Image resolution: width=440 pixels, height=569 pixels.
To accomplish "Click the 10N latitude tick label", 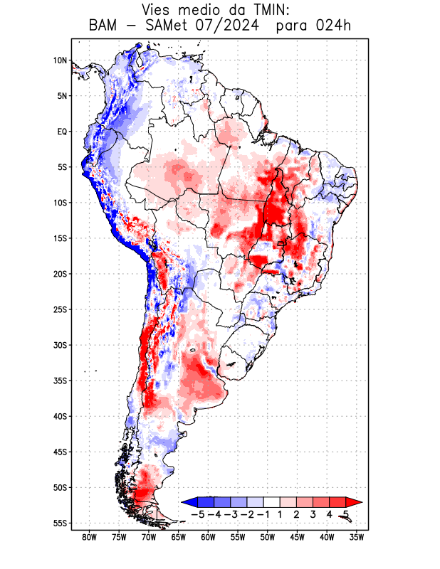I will tap(60, 60).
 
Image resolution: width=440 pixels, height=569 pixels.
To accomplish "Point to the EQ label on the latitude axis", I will tap(62, 132).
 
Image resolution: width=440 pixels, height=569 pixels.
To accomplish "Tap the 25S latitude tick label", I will tap(60, 309).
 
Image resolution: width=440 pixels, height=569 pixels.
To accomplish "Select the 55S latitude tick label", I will tap(60, 523).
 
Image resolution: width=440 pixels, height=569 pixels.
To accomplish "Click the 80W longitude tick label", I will tap(90, 537).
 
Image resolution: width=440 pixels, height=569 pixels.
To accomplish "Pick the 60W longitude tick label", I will tap(208, 537).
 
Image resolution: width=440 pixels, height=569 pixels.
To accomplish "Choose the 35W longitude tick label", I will tap(357, 537).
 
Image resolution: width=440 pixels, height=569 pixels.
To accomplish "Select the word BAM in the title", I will tap(104, 26).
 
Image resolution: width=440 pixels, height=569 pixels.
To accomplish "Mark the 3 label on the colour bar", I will tap(313, 514).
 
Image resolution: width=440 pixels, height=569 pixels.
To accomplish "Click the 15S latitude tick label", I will tap(60, 238).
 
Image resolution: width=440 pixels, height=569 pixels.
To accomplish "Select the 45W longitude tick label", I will tap(297, 537).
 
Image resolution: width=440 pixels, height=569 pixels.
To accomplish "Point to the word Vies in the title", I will tap(159, 10).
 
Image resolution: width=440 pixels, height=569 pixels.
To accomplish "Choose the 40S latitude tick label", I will tap(60, 416).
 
